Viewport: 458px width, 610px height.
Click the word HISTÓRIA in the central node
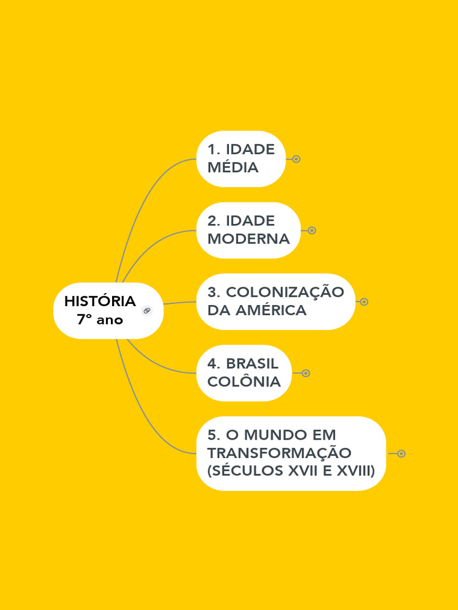(100, 301)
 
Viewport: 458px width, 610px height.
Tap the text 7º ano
(100, 320)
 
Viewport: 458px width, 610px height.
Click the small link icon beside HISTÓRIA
(147, 310)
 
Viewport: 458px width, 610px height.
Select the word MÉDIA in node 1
(233, 167)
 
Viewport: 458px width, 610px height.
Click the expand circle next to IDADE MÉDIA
(296, 159)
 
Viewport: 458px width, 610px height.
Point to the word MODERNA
(248, 239)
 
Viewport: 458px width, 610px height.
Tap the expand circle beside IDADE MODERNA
(311, 231)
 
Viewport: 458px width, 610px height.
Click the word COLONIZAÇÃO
(285, 292)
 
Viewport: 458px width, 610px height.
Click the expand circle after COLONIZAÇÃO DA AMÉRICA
(364, 302)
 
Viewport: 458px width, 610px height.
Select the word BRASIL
(252, 364)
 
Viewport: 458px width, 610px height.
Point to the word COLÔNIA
(244, 382)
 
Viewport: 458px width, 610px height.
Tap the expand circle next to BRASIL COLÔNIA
(305, 374)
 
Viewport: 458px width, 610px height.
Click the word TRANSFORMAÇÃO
(279, 453)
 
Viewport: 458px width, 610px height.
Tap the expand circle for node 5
(401, 454)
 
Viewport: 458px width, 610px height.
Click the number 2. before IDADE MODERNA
(214, 221)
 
